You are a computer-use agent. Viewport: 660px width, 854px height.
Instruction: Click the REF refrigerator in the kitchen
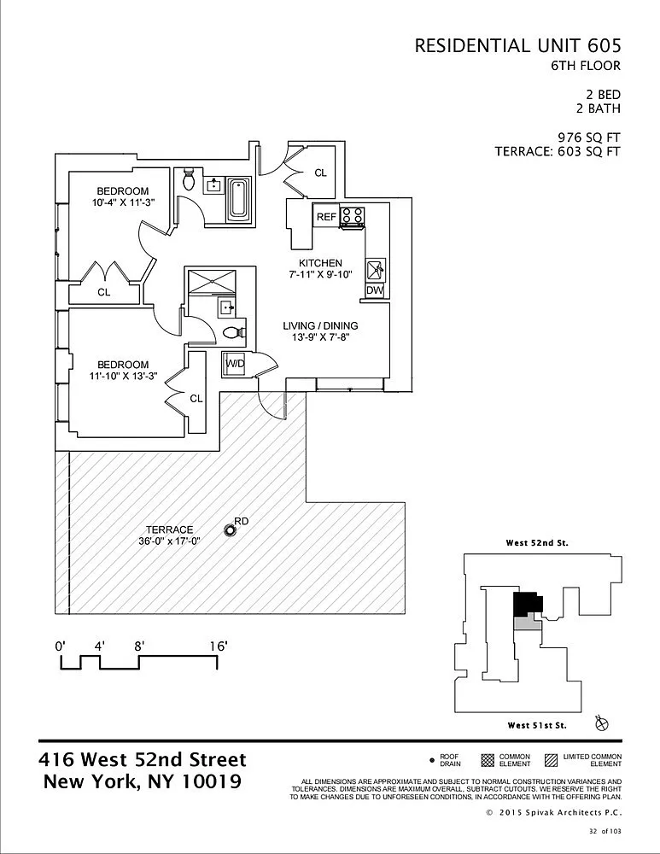[x=326, y=216]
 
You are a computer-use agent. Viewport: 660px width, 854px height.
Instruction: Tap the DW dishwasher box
[x=375, y=290]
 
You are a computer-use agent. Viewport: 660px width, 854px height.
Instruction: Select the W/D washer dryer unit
[x=234, y=364]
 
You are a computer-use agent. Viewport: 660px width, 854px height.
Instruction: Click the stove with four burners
[x=352, y=217]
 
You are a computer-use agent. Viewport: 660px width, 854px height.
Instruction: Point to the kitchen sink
[x=375, y=268]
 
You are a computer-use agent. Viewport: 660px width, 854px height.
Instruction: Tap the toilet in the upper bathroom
[x=189, y=178]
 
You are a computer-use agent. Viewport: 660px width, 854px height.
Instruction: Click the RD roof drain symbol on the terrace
[x=231, y=530]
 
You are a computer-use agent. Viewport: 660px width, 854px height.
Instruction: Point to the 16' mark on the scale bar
[x=218, y=646]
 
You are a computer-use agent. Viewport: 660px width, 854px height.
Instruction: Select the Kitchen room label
[x=320, y=263]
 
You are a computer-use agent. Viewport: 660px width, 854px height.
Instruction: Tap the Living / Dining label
[x=320, y=325]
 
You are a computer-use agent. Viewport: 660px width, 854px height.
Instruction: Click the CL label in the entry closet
[x=321, y=173]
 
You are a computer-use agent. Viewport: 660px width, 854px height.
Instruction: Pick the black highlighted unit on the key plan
[x=527, y=604]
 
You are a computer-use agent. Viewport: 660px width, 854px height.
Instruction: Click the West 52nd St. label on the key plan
[x=537, y=543]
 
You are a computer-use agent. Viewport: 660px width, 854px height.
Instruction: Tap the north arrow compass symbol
[x=602, y=723]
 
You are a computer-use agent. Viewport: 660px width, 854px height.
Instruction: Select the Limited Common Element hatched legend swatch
[x=551, y=760]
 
